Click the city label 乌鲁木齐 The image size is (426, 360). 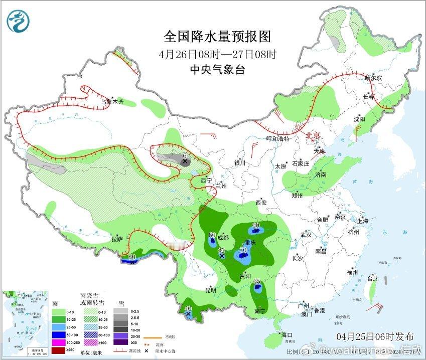111,102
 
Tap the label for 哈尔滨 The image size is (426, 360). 374,78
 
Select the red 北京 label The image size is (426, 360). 314,135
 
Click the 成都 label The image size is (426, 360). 223,237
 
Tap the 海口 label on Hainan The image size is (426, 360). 287,334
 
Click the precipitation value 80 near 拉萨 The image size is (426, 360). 132,257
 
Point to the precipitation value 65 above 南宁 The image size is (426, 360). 257,282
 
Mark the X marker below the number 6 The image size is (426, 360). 185,162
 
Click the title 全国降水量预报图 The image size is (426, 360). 217,37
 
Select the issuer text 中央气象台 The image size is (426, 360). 217,70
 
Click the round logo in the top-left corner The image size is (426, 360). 19,20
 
